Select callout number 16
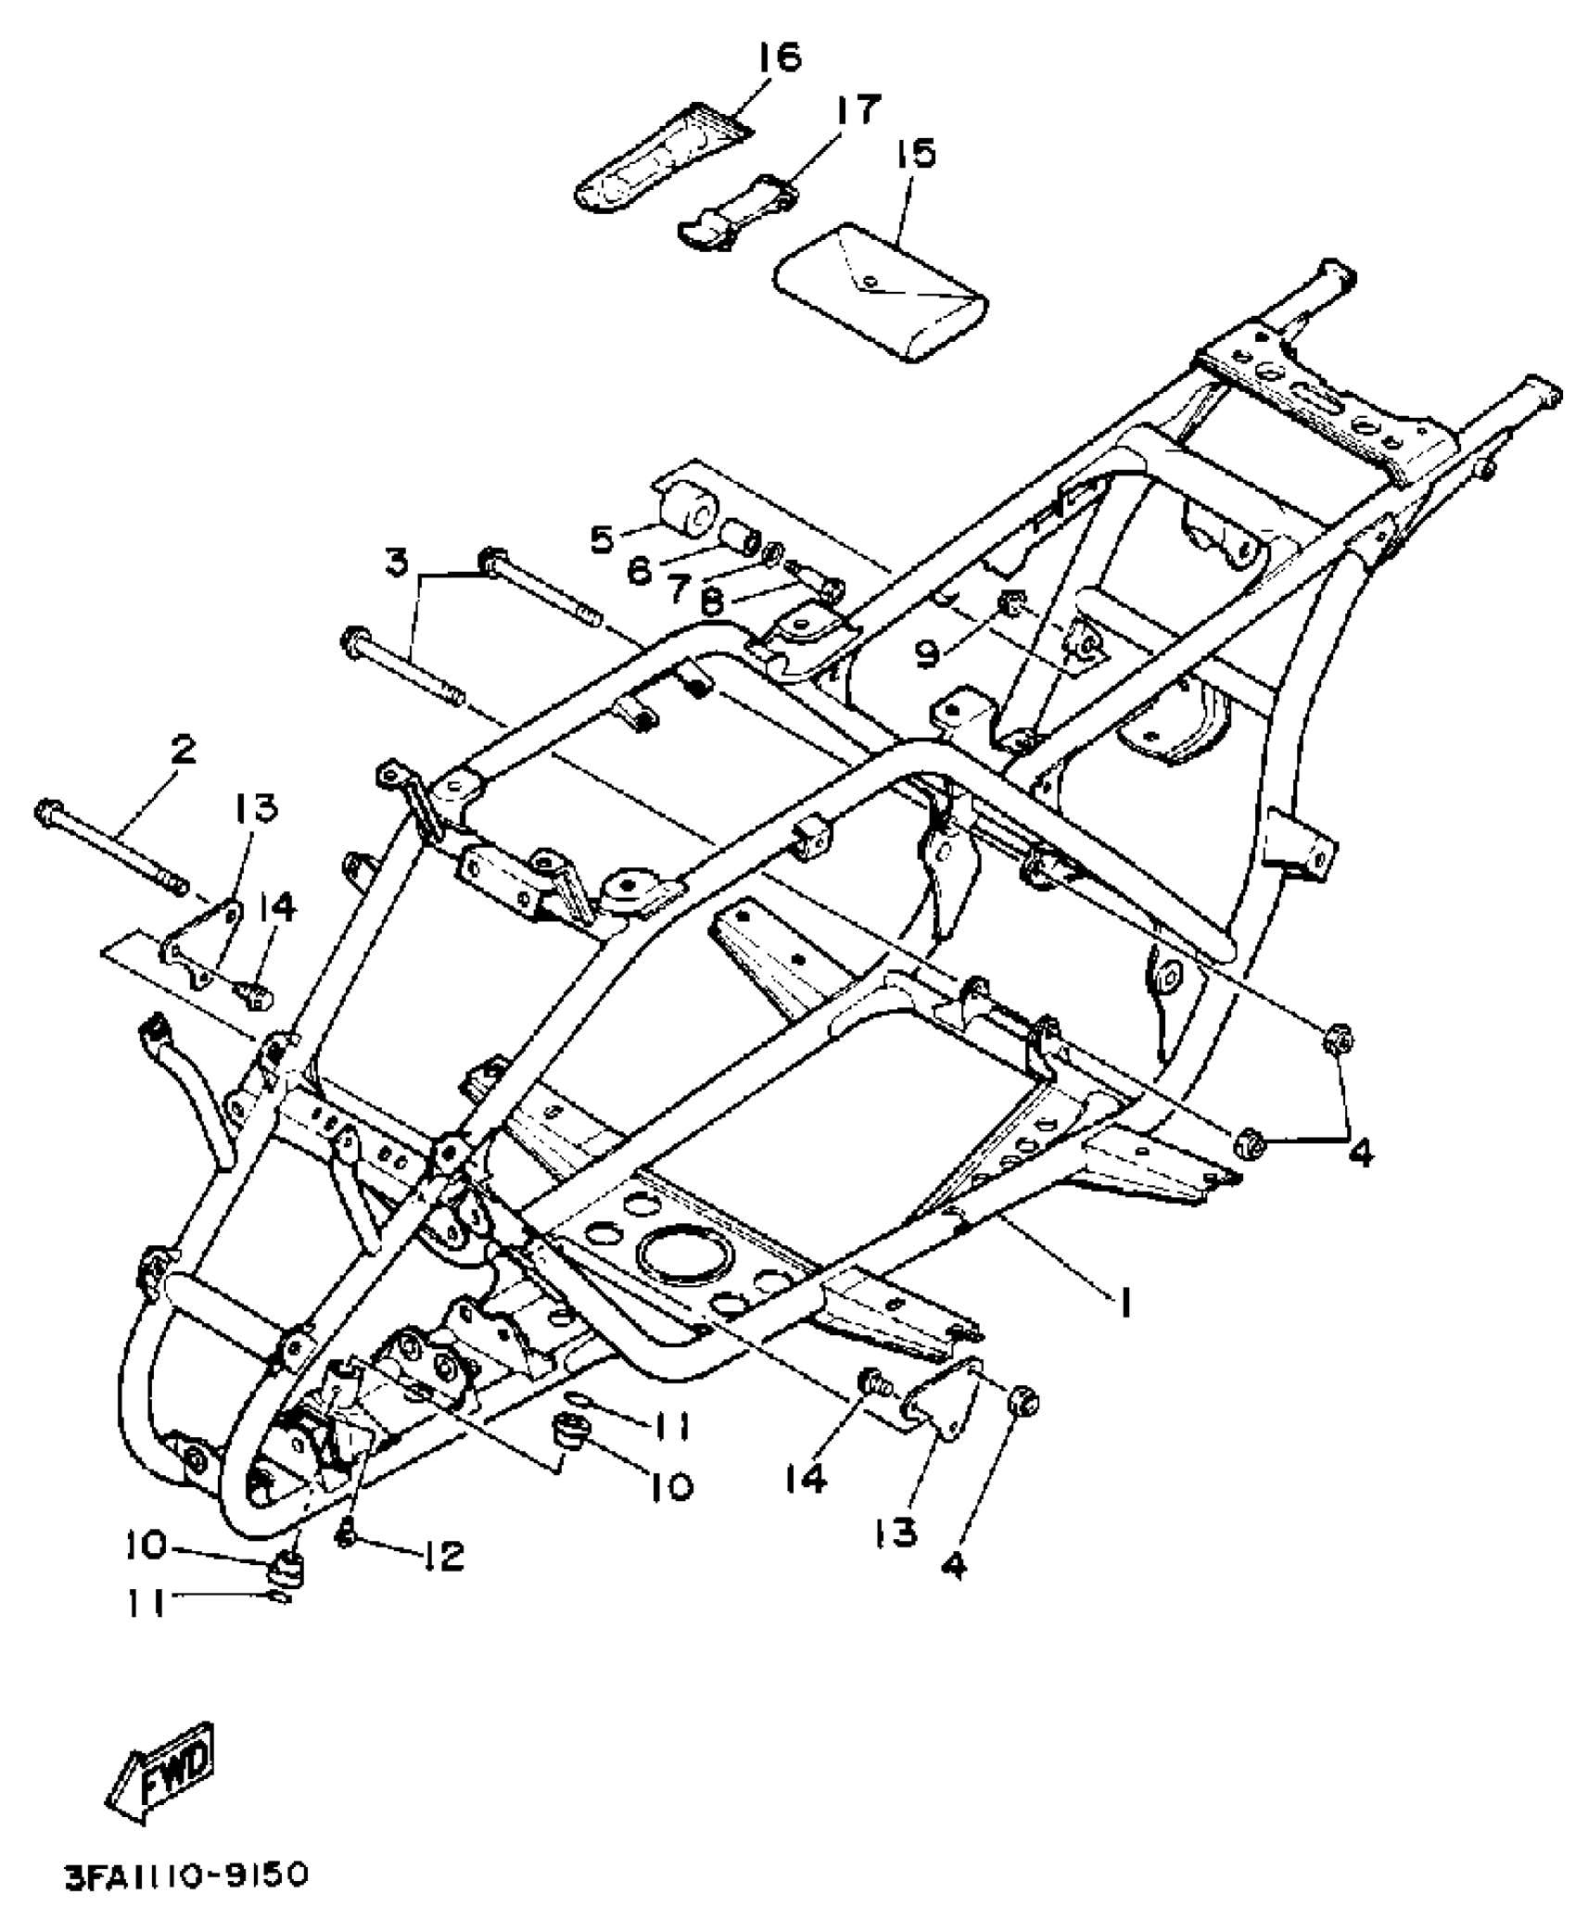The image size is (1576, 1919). click(x=779, y=57)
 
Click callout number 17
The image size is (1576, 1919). click(x=858, y=109)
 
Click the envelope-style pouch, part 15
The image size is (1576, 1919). click(x=881, y=292)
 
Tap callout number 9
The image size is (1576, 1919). click(x=928, y=653)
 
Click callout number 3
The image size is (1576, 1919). click(x=397, y=562)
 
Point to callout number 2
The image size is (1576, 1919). click(x=184, y=749)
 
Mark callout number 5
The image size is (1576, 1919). click(x=604, y=538)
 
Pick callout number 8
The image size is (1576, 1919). click(x=712, y=603)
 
